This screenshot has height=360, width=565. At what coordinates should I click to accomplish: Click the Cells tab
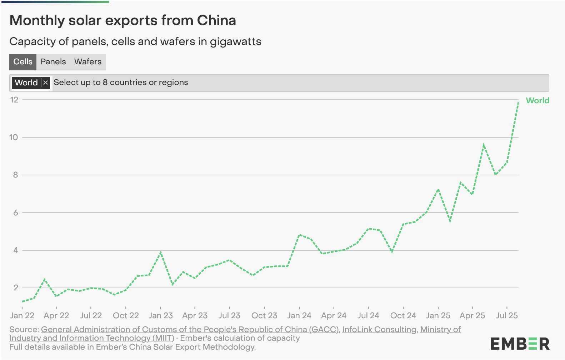point(23,62)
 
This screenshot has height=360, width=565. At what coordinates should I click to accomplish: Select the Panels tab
point(53,62)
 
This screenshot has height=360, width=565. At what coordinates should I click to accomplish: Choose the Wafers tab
point(88,62)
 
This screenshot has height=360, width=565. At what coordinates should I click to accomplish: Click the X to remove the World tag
point(45,83)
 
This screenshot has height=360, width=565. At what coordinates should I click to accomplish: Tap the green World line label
point(537,101)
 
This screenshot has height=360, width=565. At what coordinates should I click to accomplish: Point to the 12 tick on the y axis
point(14,100)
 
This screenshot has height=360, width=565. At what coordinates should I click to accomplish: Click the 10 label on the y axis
point(14,137)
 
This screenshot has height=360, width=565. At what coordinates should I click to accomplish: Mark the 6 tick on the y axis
point(15,213)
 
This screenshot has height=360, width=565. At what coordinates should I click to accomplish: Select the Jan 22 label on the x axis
point(22,316)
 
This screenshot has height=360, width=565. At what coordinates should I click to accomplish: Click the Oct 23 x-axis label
point(264,316)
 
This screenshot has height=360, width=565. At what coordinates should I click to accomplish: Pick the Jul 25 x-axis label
point(506,316)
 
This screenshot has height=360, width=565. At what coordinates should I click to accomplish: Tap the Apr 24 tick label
point(334,316)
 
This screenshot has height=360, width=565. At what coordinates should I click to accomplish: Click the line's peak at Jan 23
point(161,252)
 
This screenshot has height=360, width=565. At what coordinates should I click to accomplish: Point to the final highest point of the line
point(518,102)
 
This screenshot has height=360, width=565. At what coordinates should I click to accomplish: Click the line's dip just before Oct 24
point(392,251)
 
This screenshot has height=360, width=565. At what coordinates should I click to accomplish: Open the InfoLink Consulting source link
point(379,329)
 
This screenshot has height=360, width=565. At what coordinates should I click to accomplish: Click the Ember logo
point(520,344)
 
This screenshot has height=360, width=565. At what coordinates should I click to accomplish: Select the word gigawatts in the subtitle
point(235,42)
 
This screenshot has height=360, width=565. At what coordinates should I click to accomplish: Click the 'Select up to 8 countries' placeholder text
point(121,82)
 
